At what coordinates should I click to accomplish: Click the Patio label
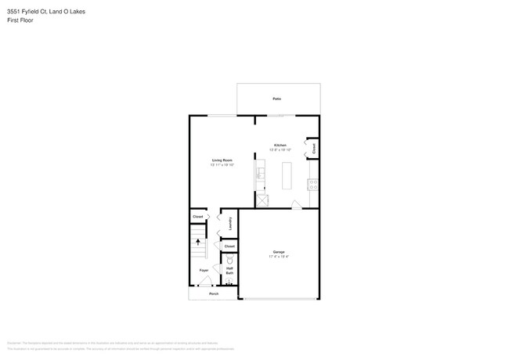click(x=276, y=99)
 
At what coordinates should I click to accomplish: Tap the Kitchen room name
click(x=280, y=145)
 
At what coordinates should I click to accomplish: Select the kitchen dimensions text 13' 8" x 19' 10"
click(x=280, y=149)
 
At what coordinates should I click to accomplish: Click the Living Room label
click(x=222, y=160)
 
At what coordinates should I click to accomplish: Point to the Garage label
click(x=279, y=252)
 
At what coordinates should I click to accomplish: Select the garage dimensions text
click(x=279, y=257)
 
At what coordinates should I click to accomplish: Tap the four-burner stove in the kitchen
click(x=312, y=185)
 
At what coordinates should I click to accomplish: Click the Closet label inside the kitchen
click(x=313, y=147)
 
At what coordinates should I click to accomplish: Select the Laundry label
click(x=230, y=223)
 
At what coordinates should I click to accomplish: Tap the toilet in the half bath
click(x=229, y=260)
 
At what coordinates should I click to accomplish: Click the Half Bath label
click(x=229, y=271)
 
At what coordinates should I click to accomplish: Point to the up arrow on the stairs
click(x=198, y=243)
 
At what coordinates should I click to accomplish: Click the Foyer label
click(x=204, y=270)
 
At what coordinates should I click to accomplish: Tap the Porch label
click(x=213, y=293)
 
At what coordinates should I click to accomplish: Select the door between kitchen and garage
click(x=296, y=205)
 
